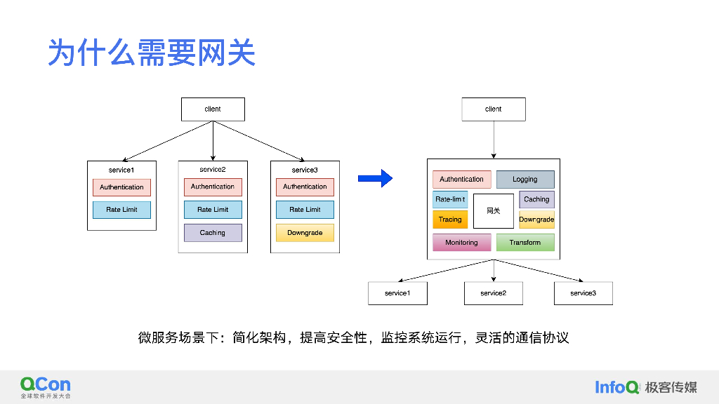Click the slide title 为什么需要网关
[151, 53]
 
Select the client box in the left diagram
[213, 109]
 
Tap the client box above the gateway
[493, 109]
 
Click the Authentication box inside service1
[121, 187]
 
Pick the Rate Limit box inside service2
[213, 210]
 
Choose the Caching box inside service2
[213, 233]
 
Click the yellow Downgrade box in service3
[305, 233]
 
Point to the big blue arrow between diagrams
[375, 179]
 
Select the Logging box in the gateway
[525, 180]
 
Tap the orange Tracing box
[450, 220]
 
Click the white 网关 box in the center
[493, 210]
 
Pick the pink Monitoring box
[461, 243]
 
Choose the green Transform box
[525, 243]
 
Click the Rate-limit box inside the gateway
[450, 199]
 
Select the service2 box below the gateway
[493, 293]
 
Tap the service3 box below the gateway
[583, 293]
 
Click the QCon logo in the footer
[46, 386]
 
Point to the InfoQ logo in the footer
[617, 387]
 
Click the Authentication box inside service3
[305, 187]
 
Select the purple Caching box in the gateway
[536, 199]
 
